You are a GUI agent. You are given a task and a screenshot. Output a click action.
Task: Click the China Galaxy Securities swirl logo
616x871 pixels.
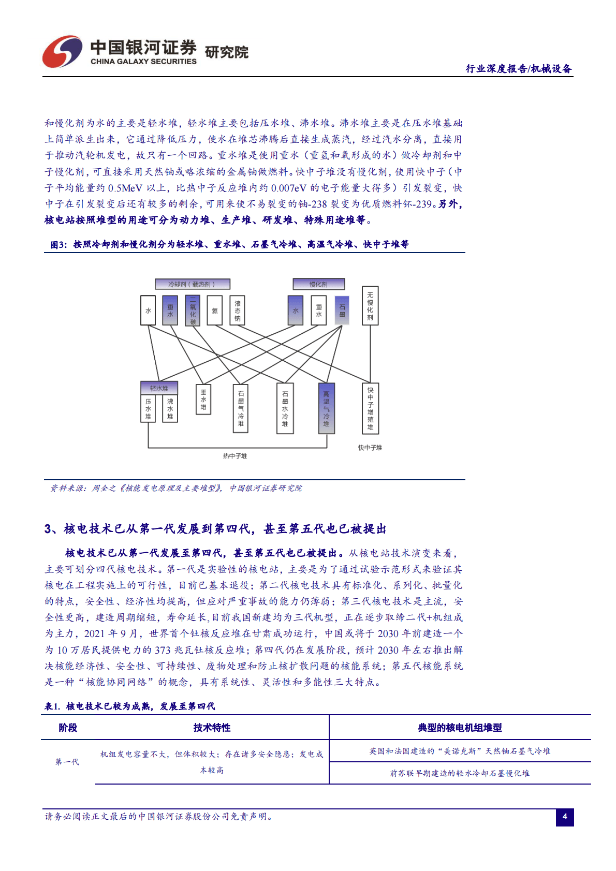point(62,52)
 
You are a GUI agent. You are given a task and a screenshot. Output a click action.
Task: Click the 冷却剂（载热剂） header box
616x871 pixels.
point(192,284)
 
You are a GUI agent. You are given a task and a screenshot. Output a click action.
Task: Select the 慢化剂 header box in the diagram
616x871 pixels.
point(318,284)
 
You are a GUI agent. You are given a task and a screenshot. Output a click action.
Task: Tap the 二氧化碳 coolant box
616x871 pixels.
point(193,311)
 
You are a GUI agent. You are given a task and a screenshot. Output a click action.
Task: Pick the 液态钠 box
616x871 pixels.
point(237,311)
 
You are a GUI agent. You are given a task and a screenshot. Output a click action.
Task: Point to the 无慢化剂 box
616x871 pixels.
point(370,306)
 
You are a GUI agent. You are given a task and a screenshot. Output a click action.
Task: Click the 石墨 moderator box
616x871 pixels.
point(342,311)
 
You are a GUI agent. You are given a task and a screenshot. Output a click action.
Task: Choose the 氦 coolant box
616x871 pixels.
point(215,311)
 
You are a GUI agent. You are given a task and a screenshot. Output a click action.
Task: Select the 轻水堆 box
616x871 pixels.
point(159,388)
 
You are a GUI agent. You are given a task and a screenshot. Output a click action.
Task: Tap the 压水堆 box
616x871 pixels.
point(148,409)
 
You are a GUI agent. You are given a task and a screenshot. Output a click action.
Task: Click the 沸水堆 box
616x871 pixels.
point(170,409)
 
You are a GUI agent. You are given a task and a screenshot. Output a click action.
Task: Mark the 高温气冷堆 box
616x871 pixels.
point(326,408)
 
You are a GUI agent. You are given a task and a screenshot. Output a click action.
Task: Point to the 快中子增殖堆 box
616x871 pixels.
point(370,408)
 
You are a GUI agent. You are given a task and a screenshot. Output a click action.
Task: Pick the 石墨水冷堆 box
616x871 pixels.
point(285,408)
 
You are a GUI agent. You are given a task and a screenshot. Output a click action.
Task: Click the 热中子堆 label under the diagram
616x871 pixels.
point(235,456)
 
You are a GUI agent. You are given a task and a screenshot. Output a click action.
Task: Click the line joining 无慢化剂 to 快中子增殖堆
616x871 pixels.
point(370,355)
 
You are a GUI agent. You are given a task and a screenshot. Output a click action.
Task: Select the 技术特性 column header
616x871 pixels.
point(212,728)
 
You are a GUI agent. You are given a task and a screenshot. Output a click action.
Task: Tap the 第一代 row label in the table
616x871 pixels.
point(67,762)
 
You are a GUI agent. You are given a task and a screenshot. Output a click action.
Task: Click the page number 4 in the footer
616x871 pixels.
point(565,817)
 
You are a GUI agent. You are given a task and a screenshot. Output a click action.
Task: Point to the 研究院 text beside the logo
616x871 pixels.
point(227,52)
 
